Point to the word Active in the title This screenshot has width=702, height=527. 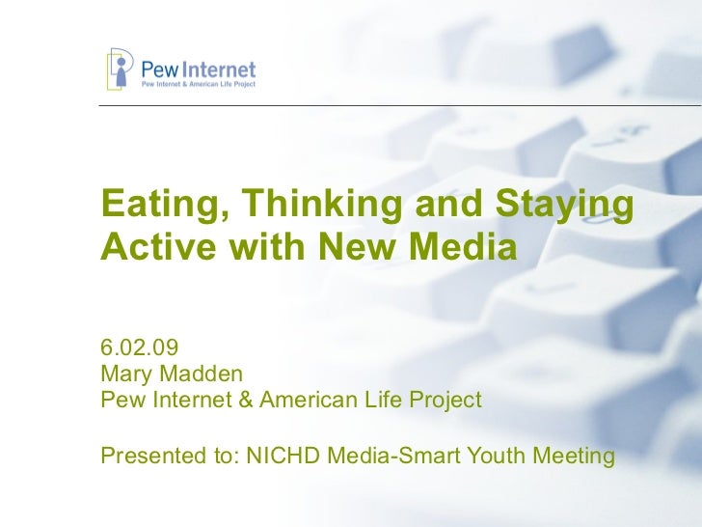[154, 248]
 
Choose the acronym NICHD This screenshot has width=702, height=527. [282, 453]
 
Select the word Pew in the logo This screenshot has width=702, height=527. [160, 69]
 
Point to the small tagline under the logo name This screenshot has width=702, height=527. [199, 85]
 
